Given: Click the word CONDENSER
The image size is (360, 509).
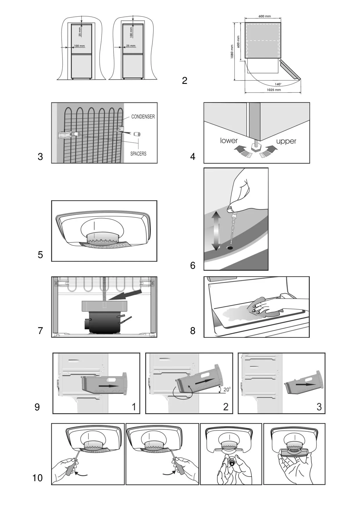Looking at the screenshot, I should click(143, 117).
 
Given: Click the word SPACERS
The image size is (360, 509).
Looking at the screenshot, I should click(138, 154).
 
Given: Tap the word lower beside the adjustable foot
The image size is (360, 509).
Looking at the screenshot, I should click(229, 141).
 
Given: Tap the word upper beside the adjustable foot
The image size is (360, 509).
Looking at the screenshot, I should click(286, 141).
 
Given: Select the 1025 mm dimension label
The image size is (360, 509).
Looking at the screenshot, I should click(274, 90).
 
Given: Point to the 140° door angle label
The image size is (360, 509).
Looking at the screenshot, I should click(278, 84).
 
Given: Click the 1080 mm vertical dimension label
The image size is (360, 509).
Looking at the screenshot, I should click(232, 51).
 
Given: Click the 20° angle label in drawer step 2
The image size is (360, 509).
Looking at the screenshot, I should click(227, 389).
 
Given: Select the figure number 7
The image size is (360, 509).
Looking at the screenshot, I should click(40, 331).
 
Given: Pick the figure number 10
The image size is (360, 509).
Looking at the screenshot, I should click(37, 478).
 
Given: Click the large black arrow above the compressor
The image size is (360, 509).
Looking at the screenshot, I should click(125, 295).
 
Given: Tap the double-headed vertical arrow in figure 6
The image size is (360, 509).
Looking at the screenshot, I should click(216, 231).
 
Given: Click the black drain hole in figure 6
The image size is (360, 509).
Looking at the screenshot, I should click(230, 248).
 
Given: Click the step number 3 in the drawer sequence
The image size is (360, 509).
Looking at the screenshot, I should click(319, 407).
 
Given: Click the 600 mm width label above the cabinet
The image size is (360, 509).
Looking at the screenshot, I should click(264, 16).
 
